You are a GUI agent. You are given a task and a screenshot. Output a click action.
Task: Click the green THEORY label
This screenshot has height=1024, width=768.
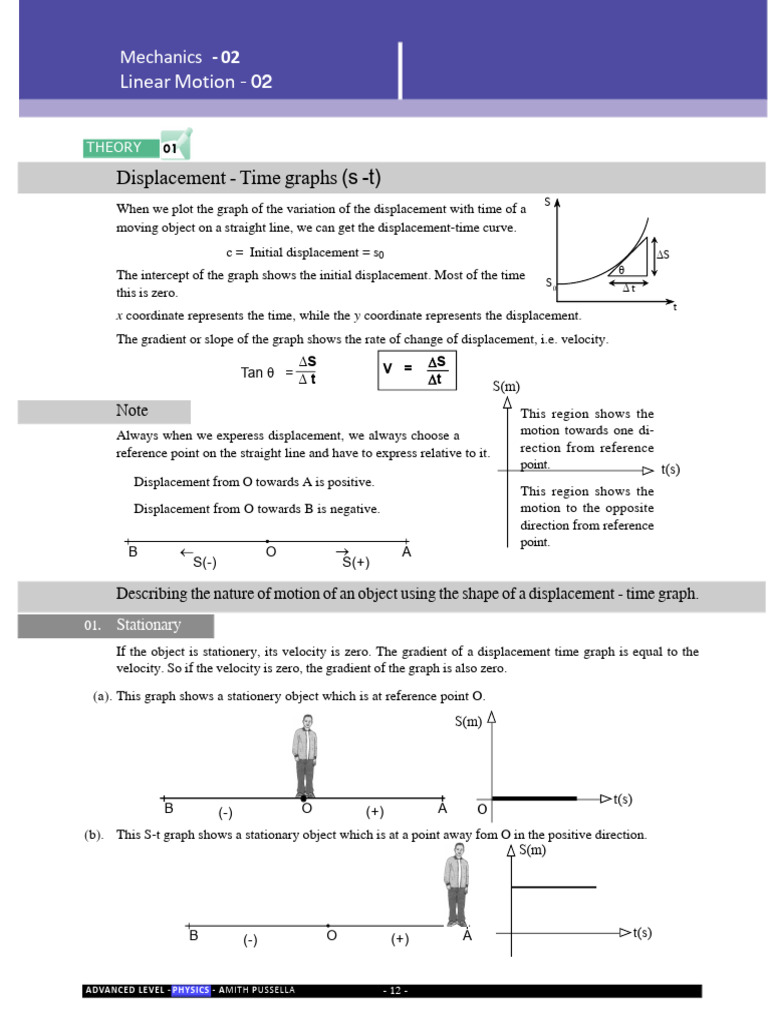[x=115, y=148]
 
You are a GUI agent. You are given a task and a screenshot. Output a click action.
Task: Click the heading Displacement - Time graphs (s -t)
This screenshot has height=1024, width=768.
[x=249, y=179]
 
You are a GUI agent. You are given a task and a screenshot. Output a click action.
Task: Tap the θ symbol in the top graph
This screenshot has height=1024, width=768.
[x=620, y=269]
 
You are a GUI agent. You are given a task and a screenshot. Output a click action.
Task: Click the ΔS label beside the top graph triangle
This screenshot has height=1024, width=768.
[x=661, y=255]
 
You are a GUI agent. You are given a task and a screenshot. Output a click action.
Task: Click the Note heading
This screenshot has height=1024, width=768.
[x=132, y=411]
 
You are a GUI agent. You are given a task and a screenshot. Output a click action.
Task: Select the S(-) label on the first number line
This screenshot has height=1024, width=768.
[x=205, y=562]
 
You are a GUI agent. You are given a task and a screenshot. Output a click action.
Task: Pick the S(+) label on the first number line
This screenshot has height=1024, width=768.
[x=356, y=562]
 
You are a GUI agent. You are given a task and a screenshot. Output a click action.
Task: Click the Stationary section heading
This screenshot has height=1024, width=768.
[x=148, y=626]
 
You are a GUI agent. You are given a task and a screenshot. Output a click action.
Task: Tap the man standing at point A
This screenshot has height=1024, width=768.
[x=457, y=884]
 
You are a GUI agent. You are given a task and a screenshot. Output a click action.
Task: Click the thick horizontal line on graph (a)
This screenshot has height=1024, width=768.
[x=535, y=798]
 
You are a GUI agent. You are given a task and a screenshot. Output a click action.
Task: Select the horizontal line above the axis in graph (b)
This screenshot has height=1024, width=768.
[x=554, y=886]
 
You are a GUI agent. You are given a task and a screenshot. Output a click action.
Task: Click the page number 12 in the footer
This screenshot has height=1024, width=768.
[x=396, y=991]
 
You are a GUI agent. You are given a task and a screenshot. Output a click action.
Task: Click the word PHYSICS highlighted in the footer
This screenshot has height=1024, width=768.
[x=190, y=991]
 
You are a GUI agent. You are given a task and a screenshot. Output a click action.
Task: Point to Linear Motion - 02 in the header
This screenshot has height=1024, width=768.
[x=196, y=82]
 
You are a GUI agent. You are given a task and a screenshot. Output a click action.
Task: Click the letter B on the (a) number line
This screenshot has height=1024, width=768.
[x=169, y=808]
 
